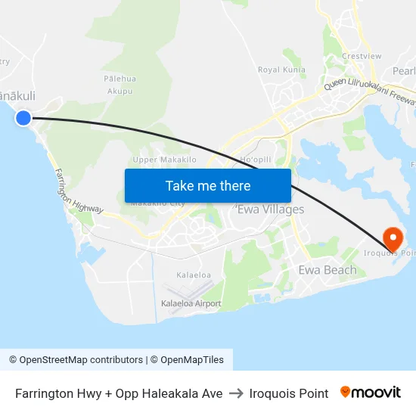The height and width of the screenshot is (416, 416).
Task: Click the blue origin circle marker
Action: click(23, 117)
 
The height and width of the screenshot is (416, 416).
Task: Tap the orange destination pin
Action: click(393, 240)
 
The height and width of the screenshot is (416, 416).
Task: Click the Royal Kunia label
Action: click(281, 70)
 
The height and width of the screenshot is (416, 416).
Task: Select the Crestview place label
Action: click(362, 56)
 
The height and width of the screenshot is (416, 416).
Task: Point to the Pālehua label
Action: click(120, 78)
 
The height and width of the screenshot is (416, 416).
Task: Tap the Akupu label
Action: click(120, 91)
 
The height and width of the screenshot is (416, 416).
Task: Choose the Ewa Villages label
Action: click(271, 210)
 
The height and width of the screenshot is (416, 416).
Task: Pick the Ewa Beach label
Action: click(327, 270)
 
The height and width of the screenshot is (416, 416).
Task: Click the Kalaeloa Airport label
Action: click(191, 303)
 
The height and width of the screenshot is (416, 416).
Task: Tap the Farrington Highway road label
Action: click(78, 190)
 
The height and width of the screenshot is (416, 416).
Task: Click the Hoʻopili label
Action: click(255, 160)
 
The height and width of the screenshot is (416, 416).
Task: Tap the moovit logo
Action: click(371, 393)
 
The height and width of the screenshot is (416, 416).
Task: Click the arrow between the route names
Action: click(236, 393)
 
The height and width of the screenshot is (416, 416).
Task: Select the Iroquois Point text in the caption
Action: click(289, 393)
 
